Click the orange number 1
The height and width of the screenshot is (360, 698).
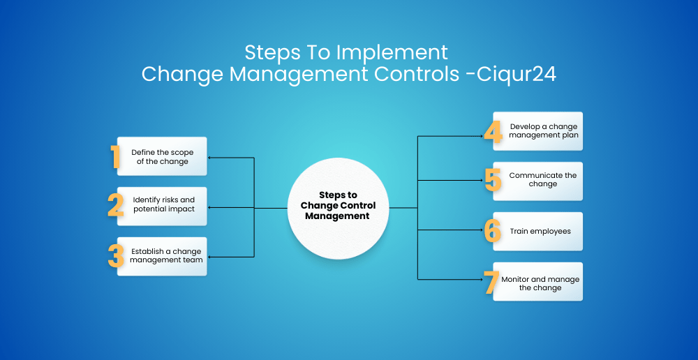click(x=116, y=157)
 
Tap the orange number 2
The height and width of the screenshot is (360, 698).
click(x=116, y=206)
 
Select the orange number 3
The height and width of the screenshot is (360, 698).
click(x=116, y=256)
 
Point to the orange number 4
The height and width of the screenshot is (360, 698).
click(x=493, y=131)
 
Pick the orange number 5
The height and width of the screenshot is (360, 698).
click(x=493, y=180)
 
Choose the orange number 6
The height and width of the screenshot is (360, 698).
click(x=493, y=230)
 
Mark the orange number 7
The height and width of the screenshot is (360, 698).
click(x=492, y=282)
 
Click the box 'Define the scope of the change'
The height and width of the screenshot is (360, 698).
click(x=162, y=156)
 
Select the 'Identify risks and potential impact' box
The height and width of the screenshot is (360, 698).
click(x=162, y=206)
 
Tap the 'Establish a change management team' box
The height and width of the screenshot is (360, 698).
click(x=162, y=256)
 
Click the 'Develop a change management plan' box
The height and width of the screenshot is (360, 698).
click(x=537, y=131)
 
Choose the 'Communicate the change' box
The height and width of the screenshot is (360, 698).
click(x=537, y=181)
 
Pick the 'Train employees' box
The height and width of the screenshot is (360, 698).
click(x=537, y=232)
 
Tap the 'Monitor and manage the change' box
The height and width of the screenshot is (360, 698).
click(x=537, y=282)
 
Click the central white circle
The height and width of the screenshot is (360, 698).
click(x=339, y=209)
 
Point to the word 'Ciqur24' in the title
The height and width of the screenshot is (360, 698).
click(x=517, y=75)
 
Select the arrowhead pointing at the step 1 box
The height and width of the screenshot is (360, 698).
click(x=211, y=158)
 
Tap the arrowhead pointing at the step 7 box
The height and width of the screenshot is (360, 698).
click(x=481, y=280)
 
